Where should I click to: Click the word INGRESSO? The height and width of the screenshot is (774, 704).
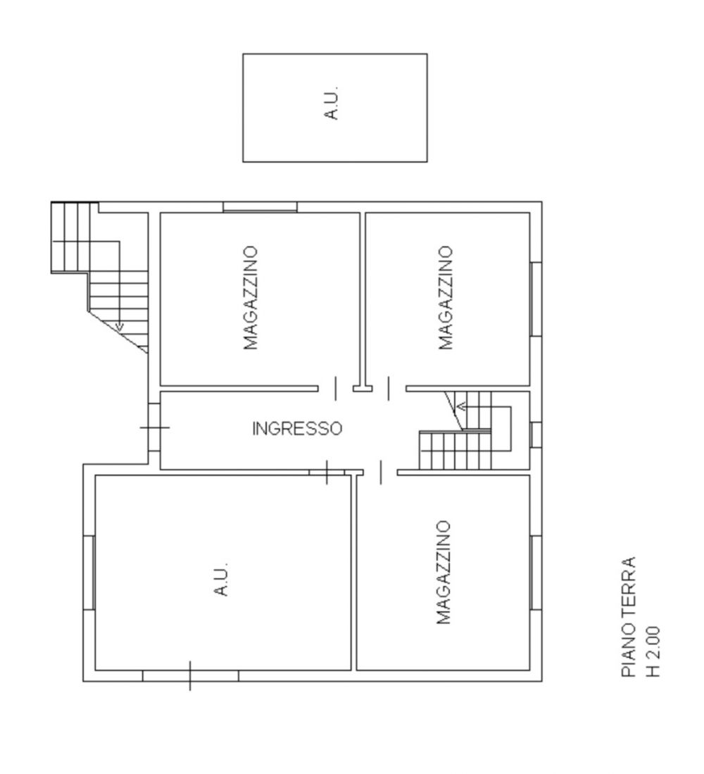point(297,428)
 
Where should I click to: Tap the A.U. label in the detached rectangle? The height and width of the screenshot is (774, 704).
point(332,103)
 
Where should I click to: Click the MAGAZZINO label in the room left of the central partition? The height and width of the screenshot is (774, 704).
point(251,298)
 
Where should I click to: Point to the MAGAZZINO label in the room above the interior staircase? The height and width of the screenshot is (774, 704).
point(446,298)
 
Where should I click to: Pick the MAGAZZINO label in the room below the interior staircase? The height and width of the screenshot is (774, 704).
point(444,572)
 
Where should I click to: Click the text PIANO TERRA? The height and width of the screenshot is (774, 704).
point(629,618)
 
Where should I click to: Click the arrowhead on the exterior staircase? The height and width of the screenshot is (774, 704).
point(120,326)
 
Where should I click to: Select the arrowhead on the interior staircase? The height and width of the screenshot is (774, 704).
point(461,407)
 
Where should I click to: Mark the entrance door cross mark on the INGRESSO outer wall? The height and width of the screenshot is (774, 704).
point(155,427)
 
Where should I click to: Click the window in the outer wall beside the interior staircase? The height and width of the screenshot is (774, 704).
point(536,435)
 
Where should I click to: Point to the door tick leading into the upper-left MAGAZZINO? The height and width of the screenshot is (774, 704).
point(336,388)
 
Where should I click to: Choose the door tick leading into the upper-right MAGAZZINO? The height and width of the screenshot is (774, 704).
point(389,388)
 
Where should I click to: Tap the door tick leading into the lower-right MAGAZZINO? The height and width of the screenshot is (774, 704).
point(381,473)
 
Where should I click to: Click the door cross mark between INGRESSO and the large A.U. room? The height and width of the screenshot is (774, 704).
point(327,473)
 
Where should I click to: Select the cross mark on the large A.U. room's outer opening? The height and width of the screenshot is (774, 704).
point(190,676)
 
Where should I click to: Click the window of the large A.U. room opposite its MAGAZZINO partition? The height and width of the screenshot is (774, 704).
point(89,573)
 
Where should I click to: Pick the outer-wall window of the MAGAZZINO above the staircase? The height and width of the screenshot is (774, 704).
point(536,299)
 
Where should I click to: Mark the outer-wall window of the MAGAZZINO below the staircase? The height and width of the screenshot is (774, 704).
point(536,573)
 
